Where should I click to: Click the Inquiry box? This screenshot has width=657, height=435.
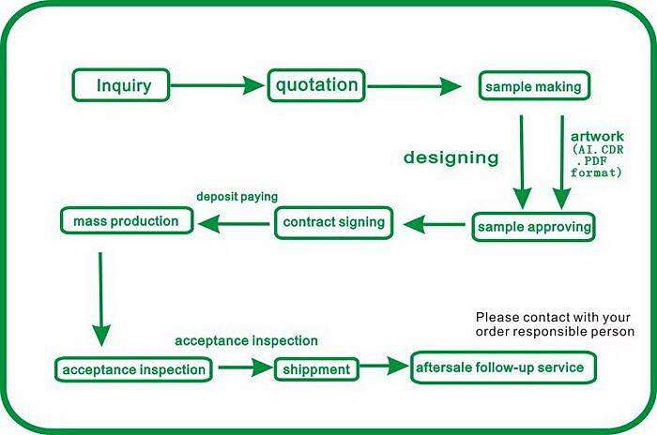121,85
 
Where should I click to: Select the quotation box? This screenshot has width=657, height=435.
316,85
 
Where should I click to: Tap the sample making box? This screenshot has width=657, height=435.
534,86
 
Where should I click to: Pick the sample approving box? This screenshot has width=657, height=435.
533,227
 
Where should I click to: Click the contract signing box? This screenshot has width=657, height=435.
334,223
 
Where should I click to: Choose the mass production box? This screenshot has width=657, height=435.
127,220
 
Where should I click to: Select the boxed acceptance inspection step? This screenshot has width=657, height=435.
133,369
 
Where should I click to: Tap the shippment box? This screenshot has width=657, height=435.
316,369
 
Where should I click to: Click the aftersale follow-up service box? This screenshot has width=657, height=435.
503,367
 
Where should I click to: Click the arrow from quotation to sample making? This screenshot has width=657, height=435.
414,86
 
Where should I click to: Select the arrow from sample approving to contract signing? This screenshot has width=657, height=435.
434,224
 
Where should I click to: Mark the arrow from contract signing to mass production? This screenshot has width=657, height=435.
234,223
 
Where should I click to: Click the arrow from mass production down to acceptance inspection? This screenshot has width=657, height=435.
100,299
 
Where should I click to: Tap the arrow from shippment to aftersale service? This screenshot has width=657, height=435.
384,366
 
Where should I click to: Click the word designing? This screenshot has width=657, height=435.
451,157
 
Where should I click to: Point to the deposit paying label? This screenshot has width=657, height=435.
237,196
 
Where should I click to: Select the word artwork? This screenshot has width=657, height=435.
597,136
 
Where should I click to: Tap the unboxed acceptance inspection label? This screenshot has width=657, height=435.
246,341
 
